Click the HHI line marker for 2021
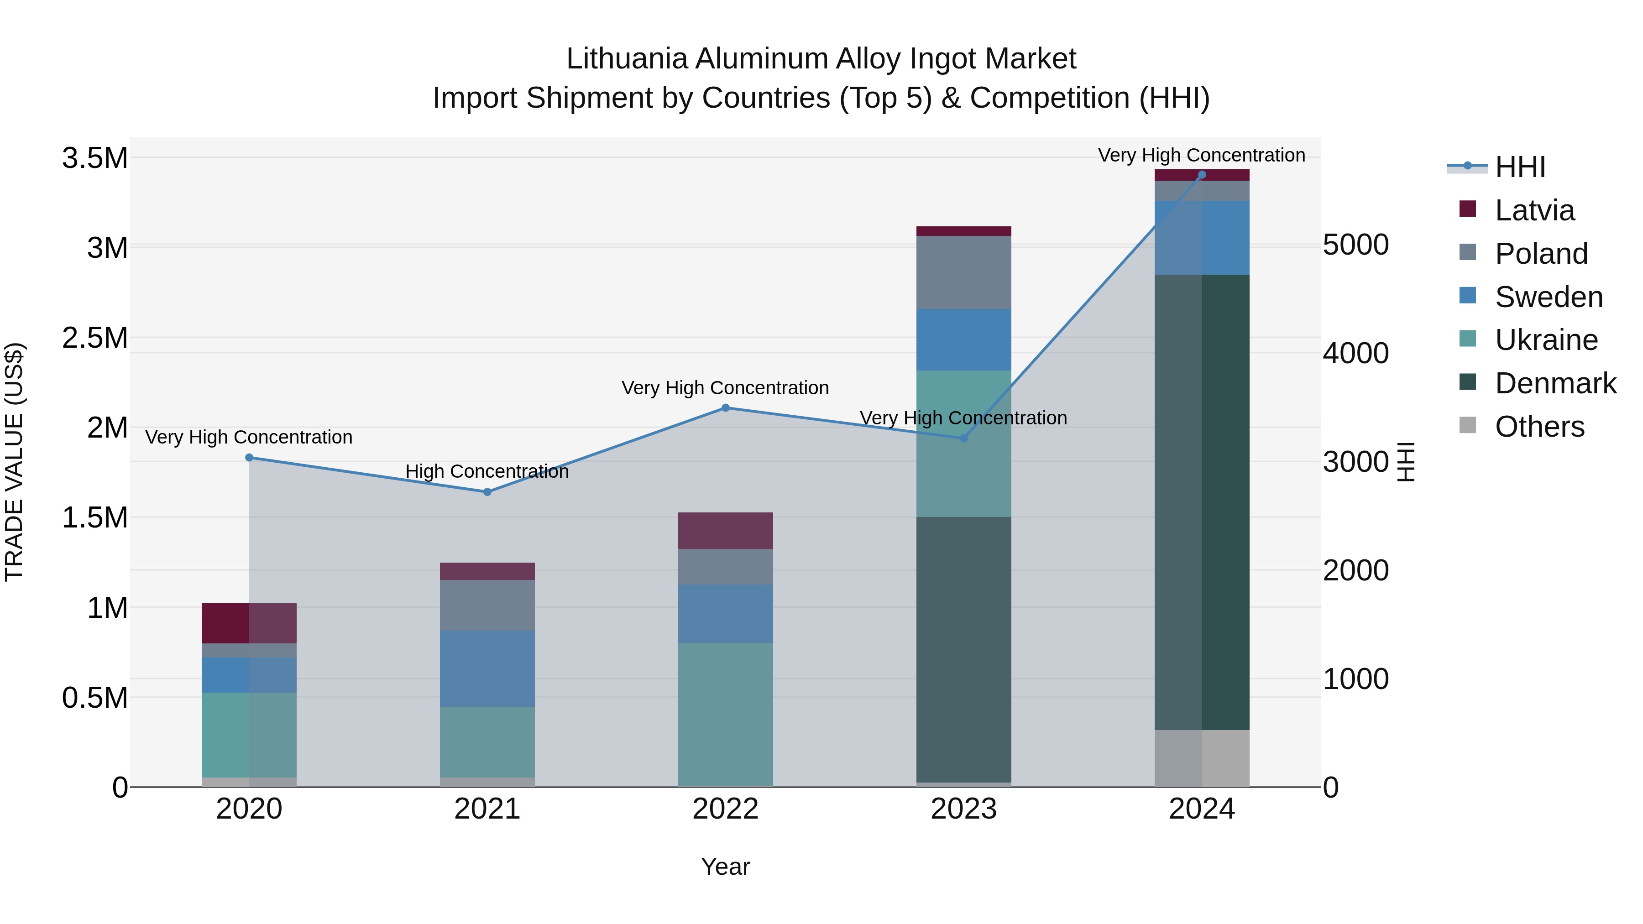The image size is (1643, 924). click(487, 491)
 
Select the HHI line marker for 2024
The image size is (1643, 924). click(1202, 175)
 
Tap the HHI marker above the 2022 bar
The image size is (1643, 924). click(725, 407)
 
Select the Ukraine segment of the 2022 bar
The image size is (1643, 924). click(725, 714)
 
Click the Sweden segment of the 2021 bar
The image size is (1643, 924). click(487, 668)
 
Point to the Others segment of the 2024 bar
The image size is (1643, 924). click(1202, 758)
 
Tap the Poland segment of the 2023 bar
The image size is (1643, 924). click(963, 272)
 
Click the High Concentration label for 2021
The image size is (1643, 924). click(487, 471)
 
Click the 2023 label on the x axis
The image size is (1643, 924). click(963, 809)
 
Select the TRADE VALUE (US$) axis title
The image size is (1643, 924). click(14, 462)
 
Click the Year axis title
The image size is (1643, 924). click(725, 867)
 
